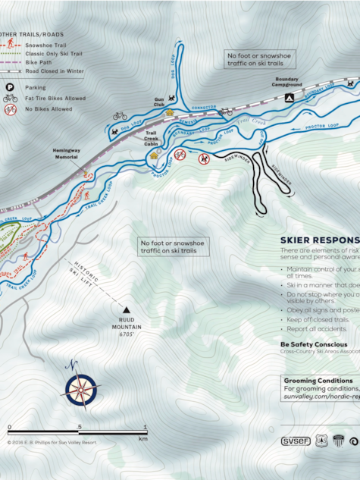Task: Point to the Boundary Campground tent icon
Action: pyautogui.click(x=288, y=98)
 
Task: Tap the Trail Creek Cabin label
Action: pyautogui.click(x=156, y=136)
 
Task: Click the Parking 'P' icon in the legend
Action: pyautogui.click(x=11, y=87)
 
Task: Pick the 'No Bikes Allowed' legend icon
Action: pyautogui.click(x=11, y=109)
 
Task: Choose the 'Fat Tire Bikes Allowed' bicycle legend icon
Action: pyautogui.click(x=11, y=99)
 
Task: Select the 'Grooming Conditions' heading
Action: pyautogui.click(x=317, y=380)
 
